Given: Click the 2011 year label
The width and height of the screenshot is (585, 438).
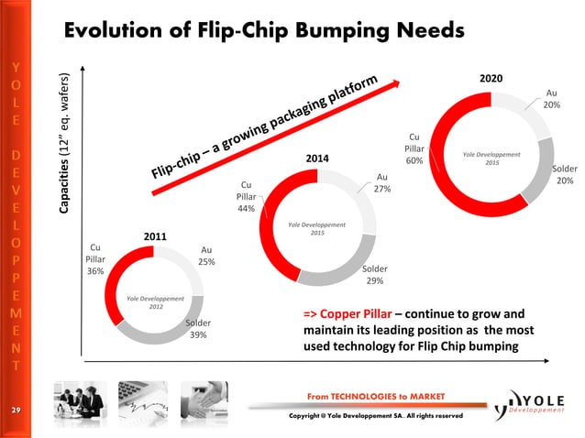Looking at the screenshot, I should click(x=154, y=237).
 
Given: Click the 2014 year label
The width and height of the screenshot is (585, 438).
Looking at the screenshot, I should click(x=318, y=159).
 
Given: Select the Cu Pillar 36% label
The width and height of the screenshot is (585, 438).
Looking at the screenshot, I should click(x=95, y=259).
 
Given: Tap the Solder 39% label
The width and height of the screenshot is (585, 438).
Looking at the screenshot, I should click(x=197, y=329).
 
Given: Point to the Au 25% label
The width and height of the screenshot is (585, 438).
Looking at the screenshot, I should click(x=206, y=256).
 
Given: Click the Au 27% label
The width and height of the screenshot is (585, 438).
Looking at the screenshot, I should click(x=381, y=183).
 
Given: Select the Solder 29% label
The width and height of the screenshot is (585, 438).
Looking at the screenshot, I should click(x=374, y=275).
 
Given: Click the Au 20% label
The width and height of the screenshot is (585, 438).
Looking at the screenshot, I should click(x=550, y=99).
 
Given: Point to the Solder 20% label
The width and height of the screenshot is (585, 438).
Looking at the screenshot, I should click(x=564, y=175).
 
